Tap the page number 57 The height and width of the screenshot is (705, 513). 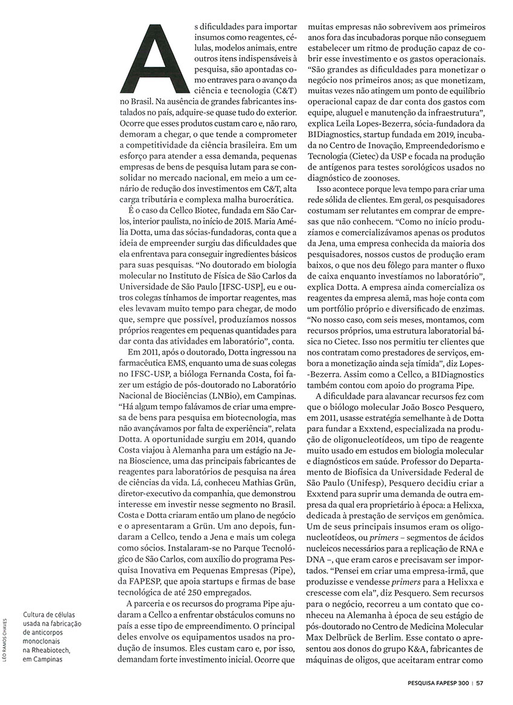(x=480, y=683)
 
